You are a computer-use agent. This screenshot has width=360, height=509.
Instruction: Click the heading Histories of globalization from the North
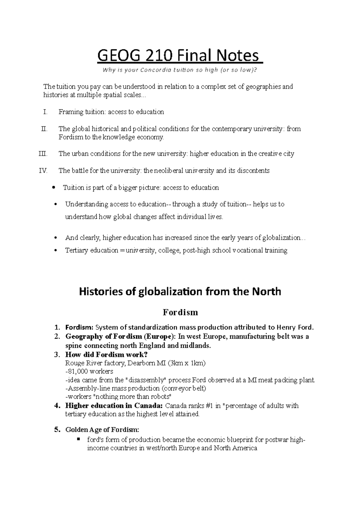click(180, 291)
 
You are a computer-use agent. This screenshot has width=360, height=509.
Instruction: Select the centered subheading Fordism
click(180, 312)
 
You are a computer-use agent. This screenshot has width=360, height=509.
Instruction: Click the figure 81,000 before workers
click(77, 371)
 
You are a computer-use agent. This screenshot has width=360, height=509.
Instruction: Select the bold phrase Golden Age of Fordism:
click(102, 430)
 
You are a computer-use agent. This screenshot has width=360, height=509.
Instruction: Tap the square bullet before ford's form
click(79, 439)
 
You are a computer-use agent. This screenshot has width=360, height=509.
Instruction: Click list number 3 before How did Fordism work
click(57, 355)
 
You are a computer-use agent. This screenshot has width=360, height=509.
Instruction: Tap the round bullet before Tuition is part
click(53, 188)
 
